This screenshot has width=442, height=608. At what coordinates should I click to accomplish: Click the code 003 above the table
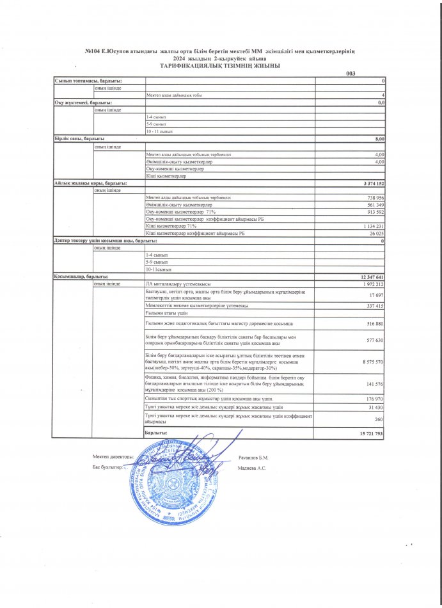click(x=350, y=74)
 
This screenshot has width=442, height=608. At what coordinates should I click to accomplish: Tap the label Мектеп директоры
click(x=113, y=457)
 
